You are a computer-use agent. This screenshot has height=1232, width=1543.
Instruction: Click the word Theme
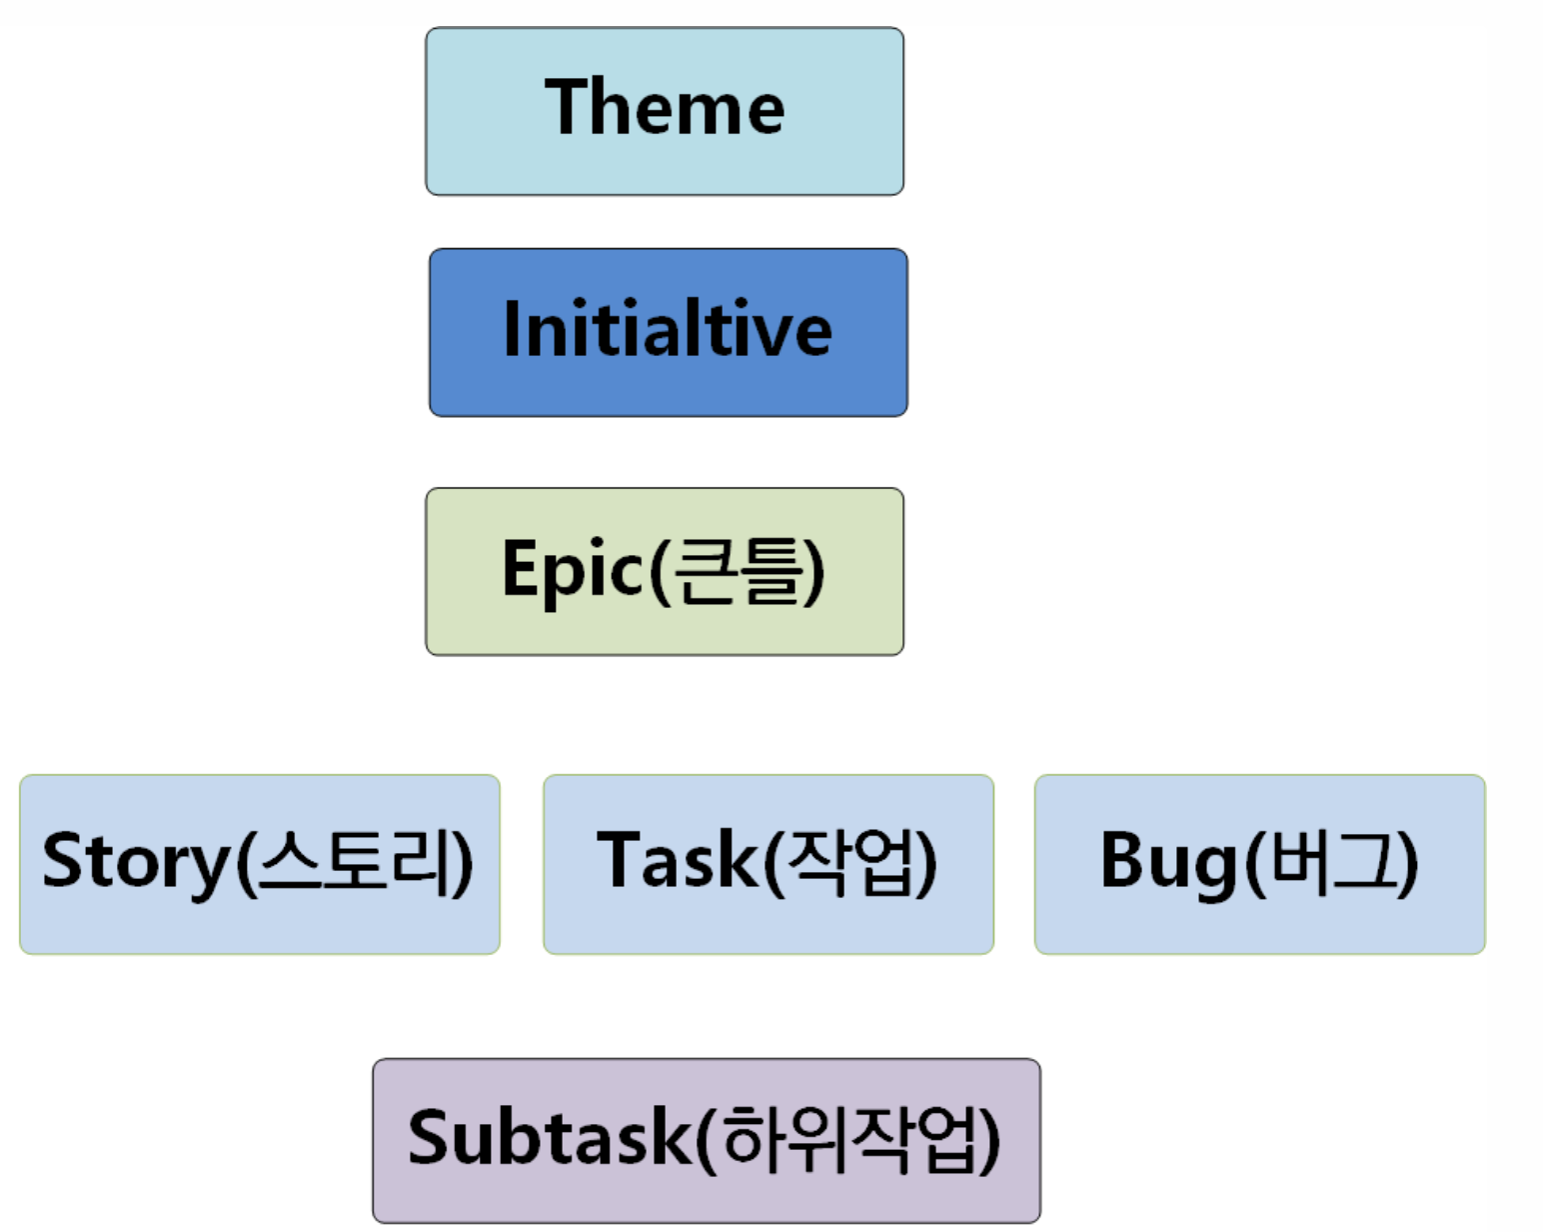[x=665, y=107]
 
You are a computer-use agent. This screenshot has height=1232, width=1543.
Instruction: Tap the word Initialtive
[x=668, y=329]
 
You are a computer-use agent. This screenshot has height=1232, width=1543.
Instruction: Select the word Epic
[x=573, y=569]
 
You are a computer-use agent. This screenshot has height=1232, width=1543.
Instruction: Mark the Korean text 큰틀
[x=738, y=570]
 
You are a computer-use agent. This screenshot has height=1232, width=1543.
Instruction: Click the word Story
[x=137, y=861]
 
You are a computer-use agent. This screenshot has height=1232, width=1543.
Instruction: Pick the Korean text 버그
[x=1331, y=861]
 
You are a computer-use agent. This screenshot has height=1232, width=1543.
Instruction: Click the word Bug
[x=1170, y=861]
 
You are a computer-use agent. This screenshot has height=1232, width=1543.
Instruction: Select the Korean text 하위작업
[x=848, y=1139]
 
